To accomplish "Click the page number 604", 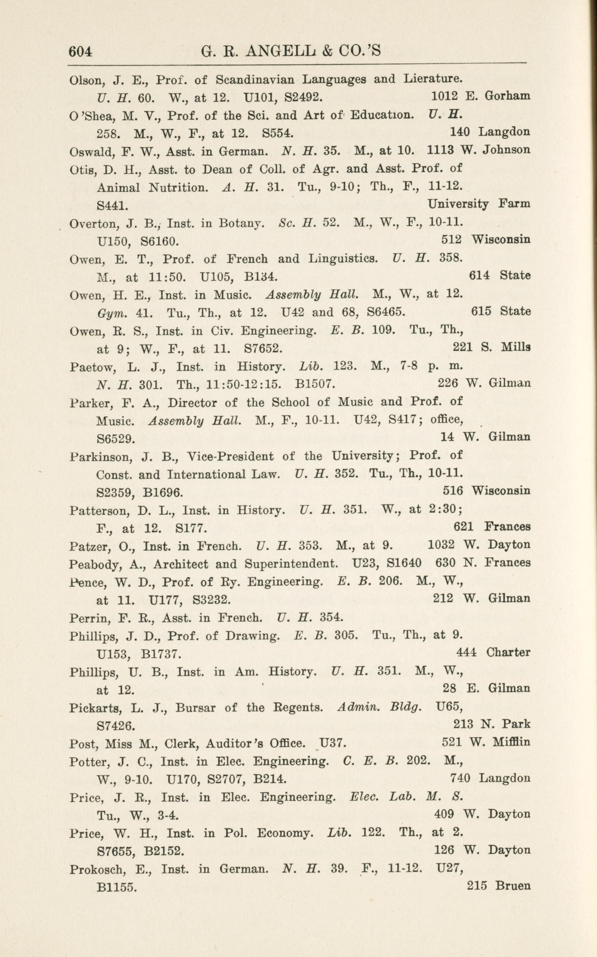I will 80,51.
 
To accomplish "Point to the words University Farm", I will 479,204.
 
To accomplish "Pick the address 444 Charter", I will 493,652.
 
